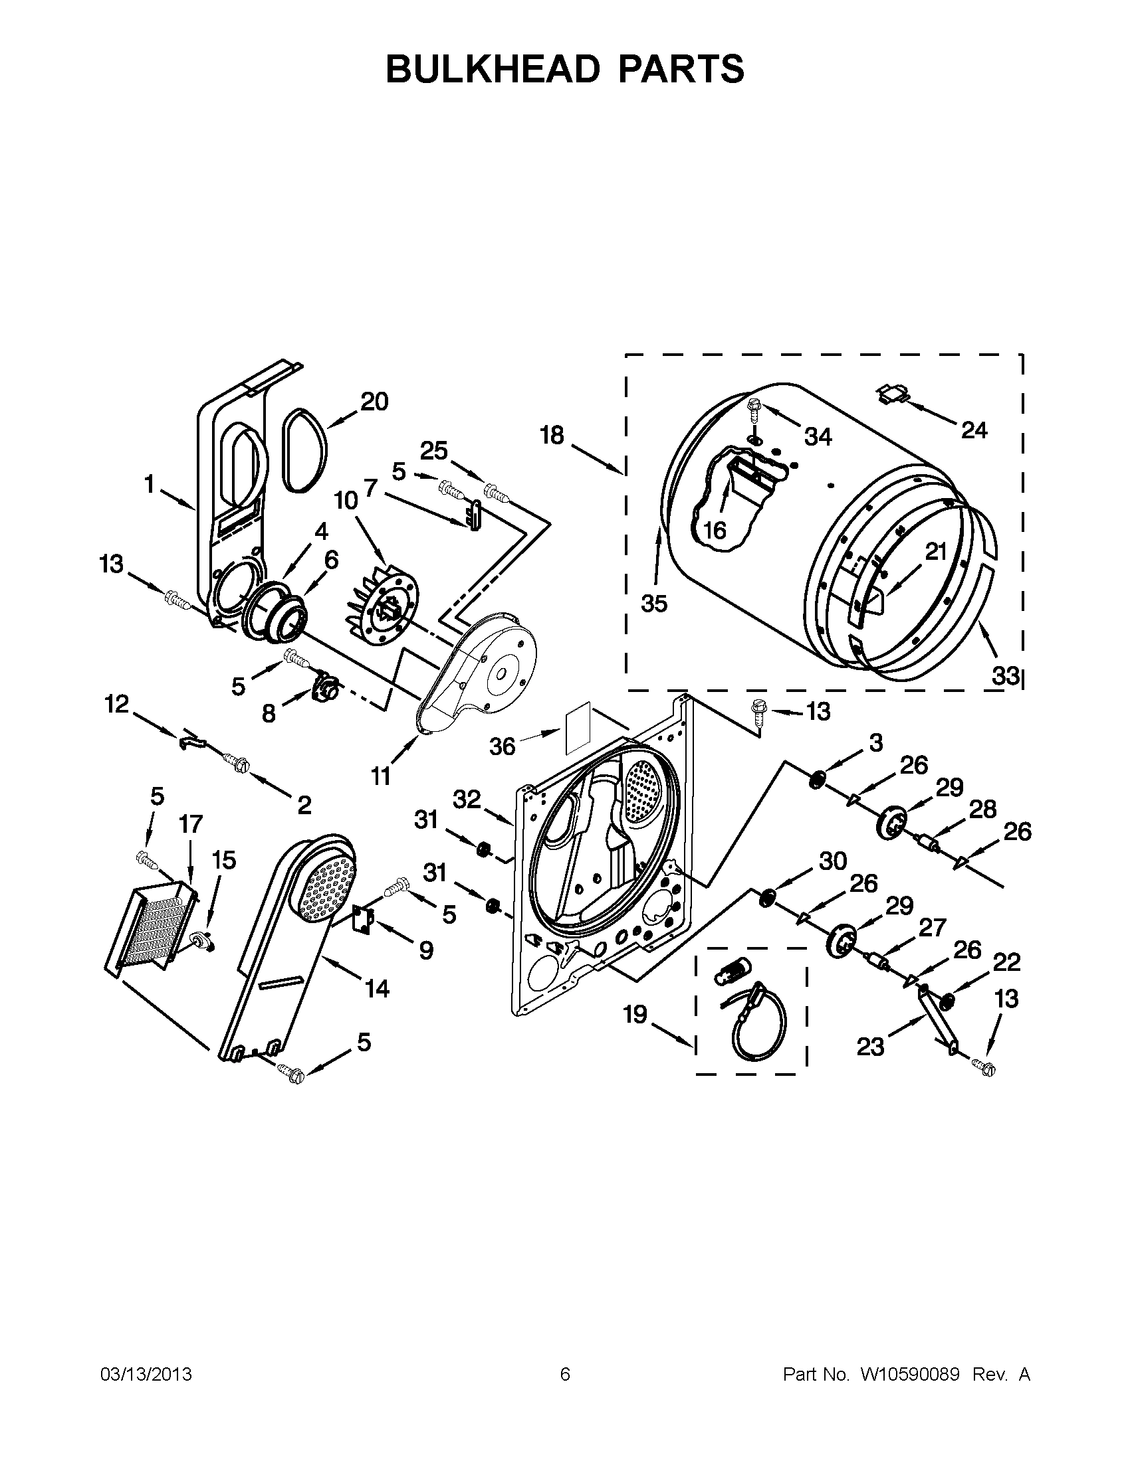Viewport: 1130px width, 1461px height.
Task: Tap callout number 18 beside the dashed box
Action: tap(552, 436)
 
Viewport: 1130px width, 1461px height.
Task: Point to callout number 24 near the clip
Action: tap(974, 430)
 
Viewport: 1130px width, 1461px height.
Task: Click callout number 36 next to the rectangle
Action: tap(502, 746)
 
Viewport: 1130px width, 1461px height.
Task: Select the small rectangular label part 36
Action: tap(576, 727)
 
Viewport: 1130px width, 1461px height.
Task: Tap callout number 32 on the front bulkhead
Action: tap(467, 799)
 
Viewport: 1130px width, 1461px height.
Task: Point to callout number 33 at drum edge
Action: tap(1005, 676)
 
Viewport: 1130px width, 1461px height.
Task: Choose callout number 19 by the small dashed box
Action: tap(635, 1015)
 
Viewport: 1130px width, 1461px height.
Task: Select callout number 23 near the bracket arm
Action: tap(871, 1047)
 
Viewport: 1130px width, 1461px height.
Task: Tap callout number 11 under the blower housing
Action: tap(381, 777)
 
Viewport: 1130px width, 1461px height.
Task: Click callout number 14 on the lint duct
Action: tap(377, 988)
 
